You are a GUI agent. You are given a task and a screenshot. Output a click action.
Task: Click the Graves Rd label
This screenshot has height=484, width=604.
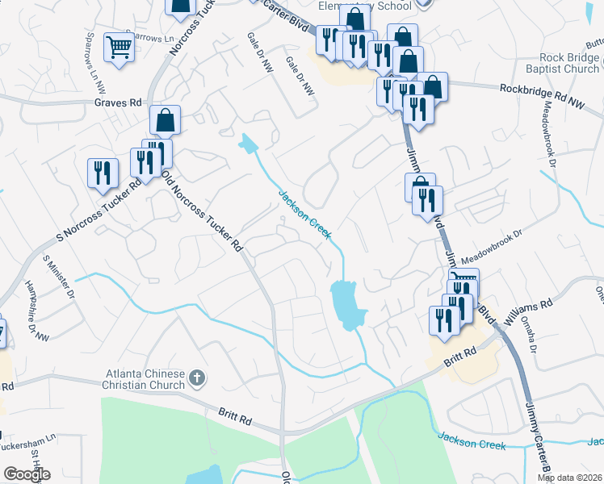click(118, 102)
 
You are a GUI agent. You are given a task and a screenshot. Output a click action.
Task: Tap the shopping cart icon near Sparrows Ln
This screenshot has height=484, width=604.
click(119, 48)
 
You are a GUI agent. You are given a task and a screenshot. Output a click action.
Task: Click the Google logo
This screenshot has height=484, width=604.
click(27, 474)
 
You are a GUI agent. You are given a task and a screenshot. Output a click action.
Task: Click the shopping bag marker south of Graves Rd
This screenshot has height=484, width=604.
click(165, 121)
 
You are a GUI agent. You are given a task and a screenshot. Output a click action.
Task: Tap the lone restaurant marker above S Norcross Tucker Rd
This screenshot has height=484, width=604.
click(103, 173)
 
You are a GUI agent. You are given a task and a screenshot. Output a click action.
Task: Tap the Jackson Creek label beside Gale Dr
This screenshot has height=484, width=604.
click(304, 215)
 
